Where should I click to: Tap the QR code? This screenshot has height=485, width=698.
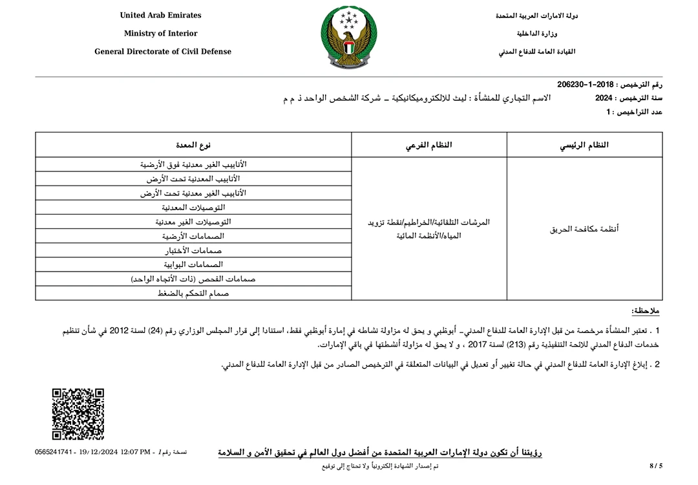coord(78,414)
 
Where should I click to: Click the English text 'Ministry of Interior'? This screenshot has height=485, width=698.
coord(161,34)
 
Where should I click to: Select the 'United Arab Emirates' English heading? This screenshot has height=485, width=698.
coord(161,16)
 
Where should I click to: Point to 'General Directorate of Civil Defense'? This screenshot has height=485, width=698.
coord(163,52)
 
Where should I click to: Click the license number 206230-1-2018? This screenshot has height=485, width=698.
coord(585,85)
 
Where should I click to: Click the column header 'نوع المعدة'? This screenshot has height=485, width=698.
coord(193,145)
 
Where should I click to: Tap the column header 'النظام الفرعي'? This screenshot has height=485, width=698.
coord(428,145)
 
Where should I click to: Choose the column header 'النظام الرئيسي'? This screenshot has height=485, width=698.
coord(584,145)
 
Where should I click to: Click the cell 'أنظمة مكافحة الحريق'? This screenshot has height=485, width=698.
coord(584,229)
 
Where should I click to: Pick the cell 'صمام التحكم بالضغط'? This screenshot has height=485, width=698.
coord(193,293)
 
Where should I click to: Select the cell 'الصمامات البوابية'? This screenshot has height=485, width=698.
coord(193,264)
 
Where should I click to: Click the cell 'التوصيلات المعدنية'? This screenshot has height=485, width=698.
coord(193,208)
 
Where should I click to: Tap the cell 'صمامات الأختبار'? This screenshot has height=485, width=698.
coord(193,250)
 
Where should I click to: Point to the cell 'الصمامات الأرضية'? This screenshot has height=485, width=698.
coord(193,236)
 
